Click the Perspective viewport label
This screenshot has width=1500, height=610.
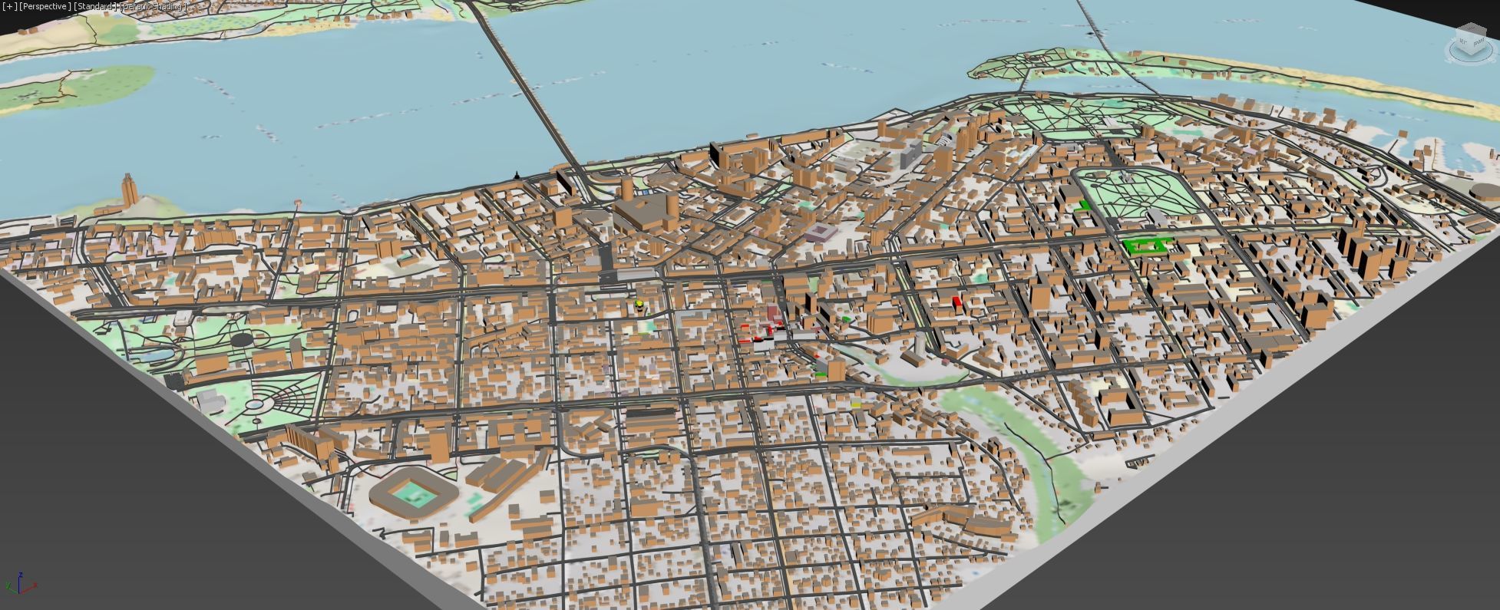click(44, 6)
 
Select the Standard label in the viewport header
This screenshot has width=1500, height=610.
click(96, 6)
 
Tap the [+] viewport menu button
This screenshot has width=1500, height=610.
click(9, 6)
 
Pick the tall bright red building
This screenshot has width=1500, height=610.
click(956, 302)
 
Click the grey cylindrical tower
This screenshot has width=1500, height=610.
click(918, 346)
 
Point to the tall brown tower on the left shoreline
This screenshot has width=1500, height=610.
click(127, 189)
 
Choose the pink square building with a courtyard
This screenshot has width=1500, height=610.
click(821, 232)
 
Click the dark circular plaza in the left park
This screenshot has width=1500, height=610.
click(241, 338)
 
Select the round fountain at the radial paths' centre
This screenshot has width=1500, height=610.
click(254, 403)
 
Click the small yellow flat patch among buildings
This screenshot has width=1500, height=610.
click(856, 404)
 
